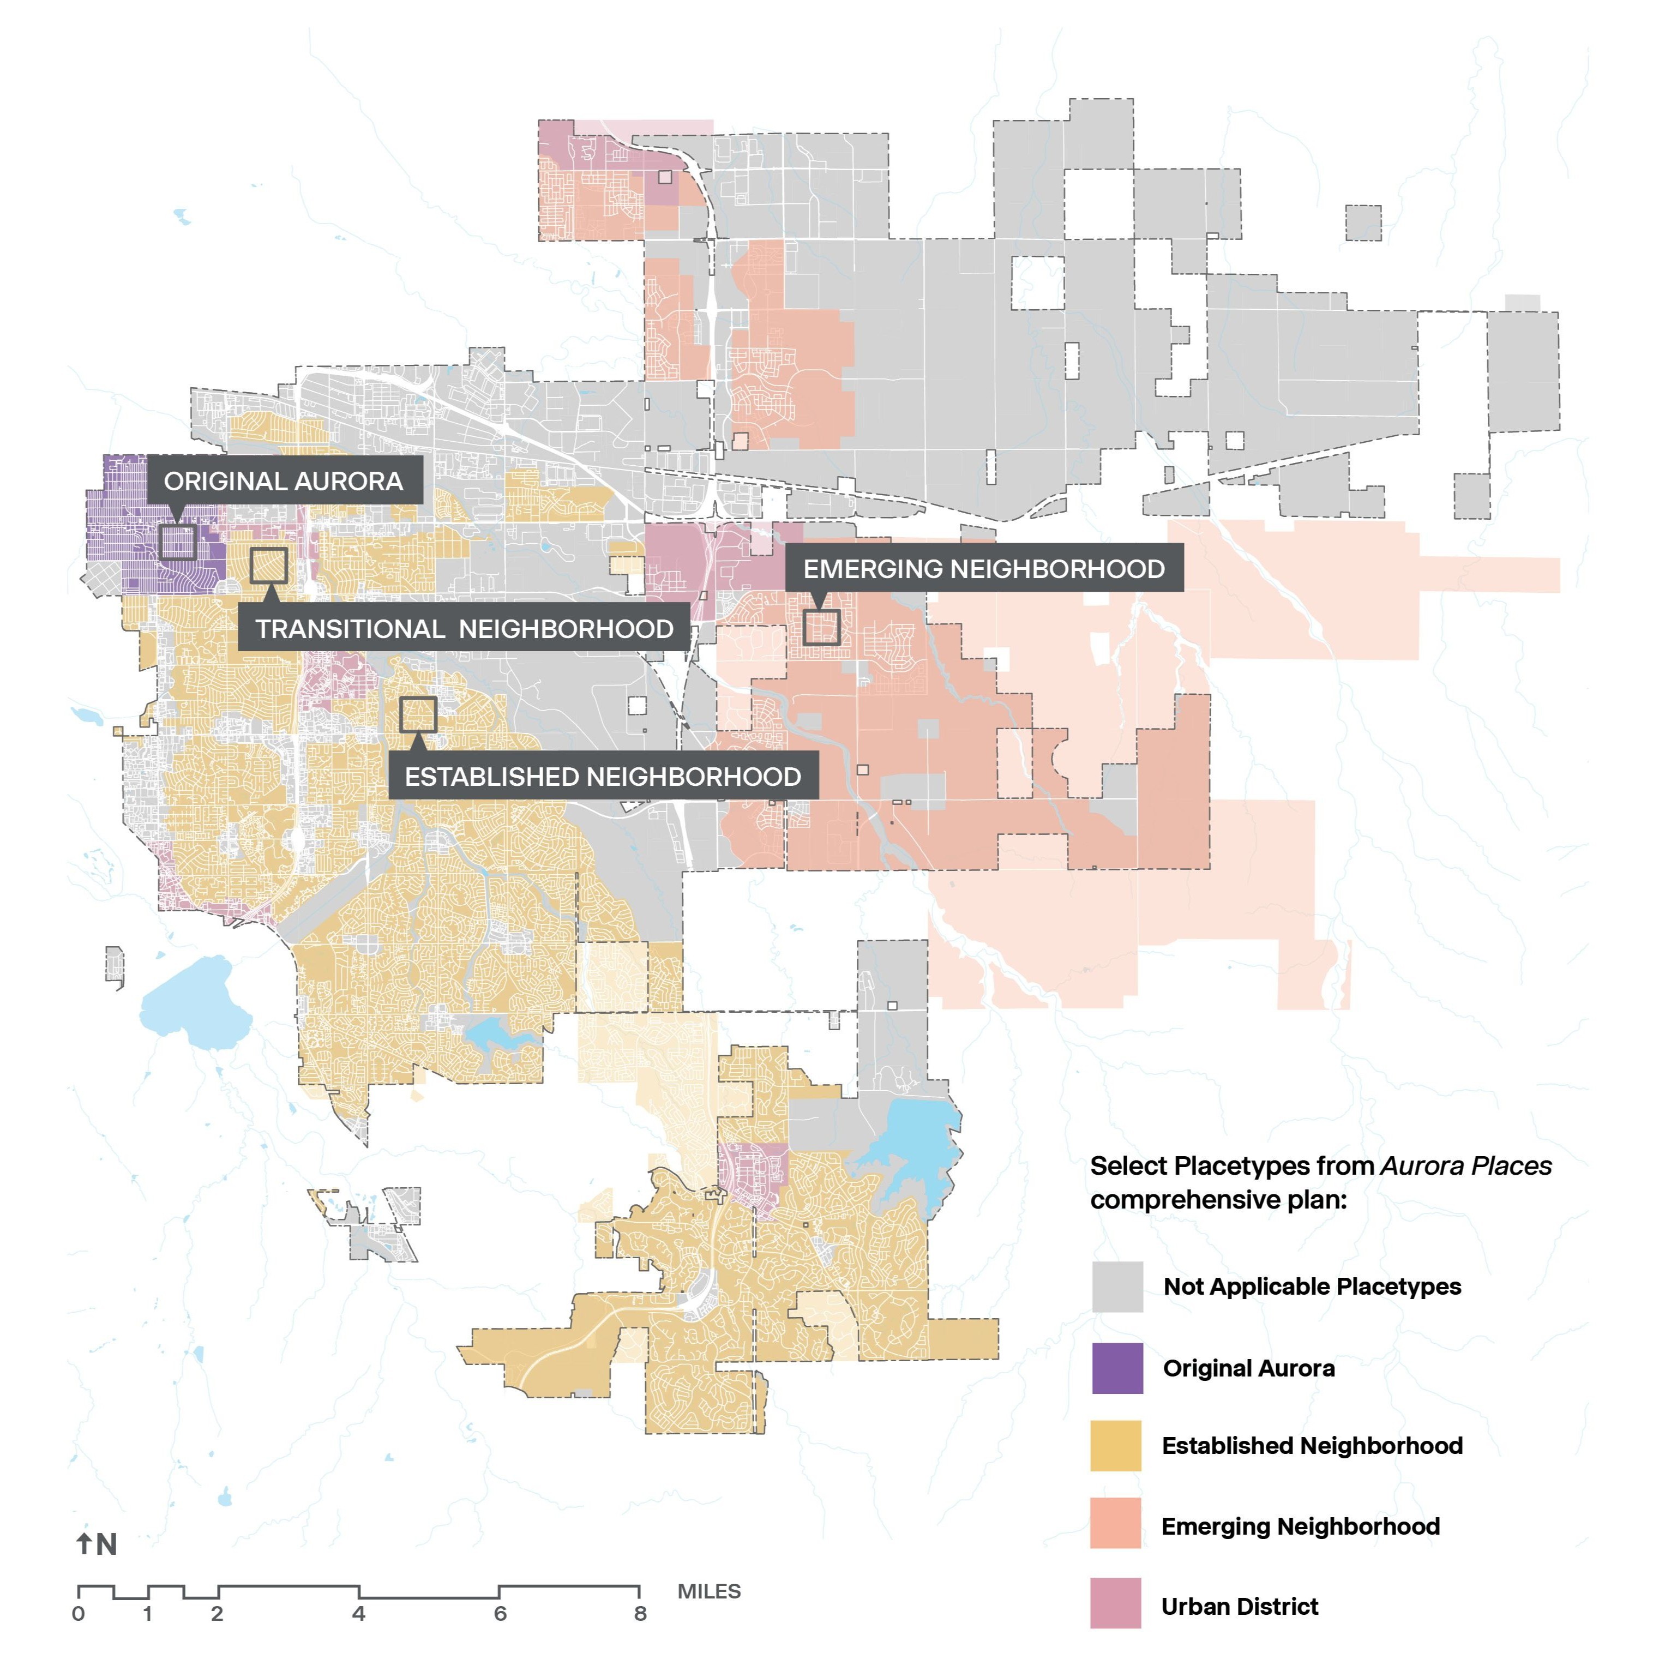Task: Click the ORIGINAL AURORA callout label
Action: tap(284, 481)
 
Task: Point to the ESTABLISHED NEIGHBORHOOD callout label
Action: tap(603, 776)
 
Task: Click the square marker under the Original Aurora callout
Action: tap(177, 542)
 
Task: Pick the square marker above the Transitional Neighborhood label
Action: tap(269, 565)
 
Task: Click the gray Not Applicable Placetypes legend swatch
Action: tap(1116, 1287)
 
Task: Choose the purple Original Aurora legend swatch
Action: tap(1116, 1368)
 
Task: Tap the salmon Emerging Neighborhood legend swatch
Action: tap(1116, 1526)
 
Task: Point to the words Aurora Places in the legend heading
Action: tap(1465, 1166)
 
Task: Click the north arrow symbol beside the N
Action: tap(84, 1544)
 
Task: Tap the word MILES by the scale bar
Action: tap(709, 1591)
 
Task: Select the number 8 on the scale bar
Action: tap(640, 1614)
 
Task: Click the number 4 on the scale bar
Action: tap(358, 1614)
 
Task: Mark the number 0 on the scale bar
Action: tap(79, 1614)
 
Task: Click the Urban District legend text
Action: tap(1240, 1607)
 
